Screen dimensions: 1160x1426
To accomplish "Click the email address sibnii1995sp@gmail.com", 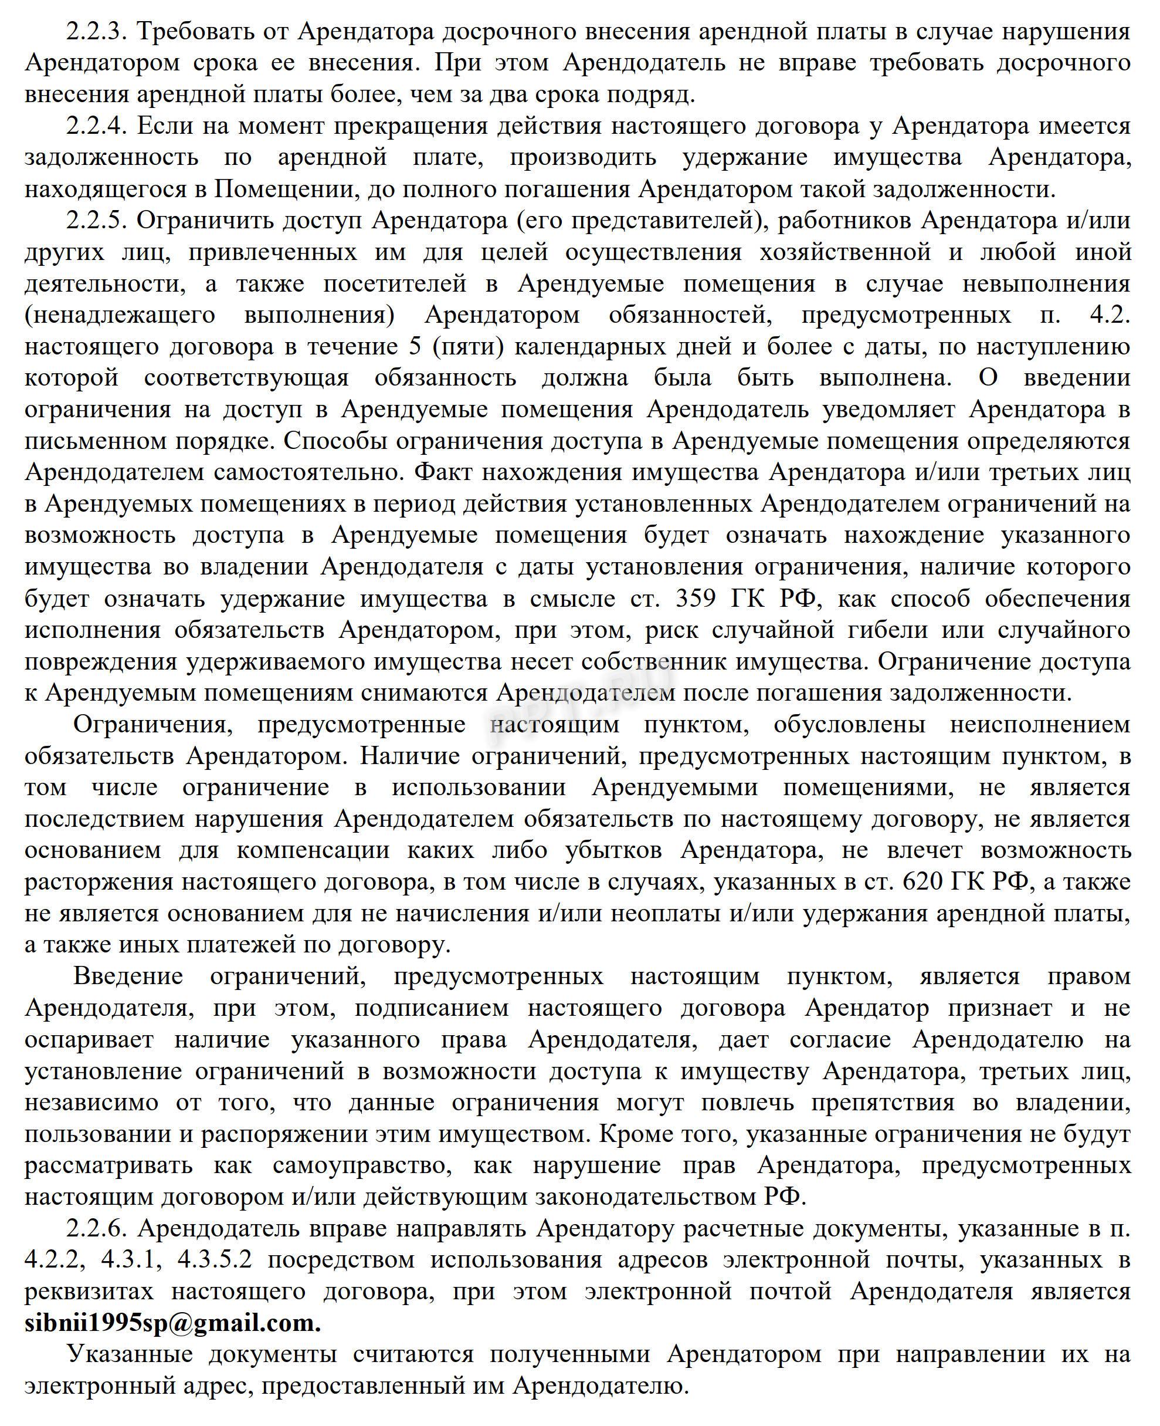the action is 172,1323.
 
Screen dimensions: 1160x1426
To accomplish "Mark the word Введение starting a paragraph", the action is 128,976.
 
